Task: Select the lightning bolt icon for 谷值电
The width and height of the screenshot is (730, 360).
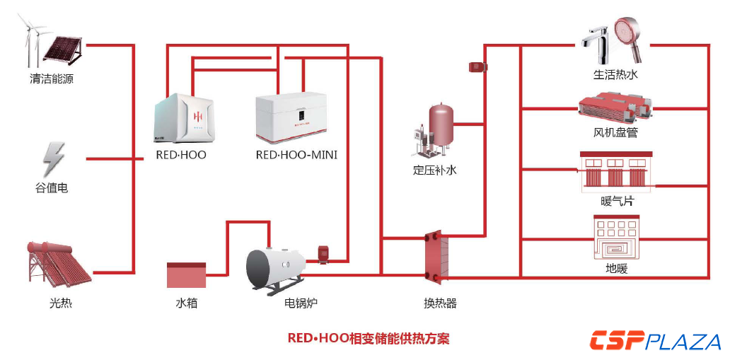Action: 53,160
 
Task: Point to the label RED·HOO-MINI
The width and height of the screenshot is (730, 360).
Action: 296,155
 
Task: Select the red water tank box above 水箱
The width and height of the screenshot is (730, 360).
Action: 186,275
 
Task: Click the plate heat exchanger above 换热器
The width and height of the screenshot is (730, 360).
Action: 436,259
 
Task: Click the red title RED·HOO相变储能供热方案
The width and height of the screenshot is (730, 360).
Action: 369,338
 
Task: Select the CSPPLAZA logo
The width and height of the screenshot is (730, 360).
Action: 655,341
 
